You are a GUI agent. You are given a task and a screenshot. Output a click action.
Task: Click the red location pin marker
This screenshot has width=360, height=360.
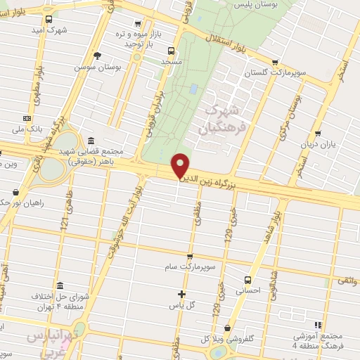point(181,165)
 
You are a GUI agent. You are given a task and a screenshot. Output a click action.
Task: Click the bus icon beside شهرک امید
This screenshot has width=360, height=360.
point(48,20)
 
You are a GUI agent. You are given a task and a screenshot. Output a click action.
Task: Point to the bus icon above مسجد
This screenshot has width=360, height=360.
point(171,50)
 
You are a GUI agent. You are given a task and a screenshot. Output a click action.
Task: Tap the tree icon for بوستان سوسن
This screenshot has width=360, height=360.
point(97,56)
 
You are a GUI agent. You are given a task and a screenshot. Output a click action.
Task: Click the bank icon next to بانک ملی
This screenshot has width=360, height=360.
point(27,118)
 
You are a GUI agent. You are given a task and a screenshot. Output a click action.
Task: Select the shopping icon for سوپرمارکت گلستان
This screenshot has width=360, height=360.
point(275,62)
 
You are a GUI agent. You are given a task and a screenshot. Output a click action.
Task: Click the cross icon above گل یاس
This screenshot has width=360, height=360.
point(181,294)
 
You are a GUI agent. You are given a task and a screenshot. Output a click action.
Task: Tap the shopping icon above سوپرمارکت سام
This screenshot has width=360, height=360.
point(189,257)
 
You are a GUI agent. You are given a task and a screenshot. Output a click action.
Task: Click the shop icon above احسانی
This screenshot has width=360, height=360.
point(247,278)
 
